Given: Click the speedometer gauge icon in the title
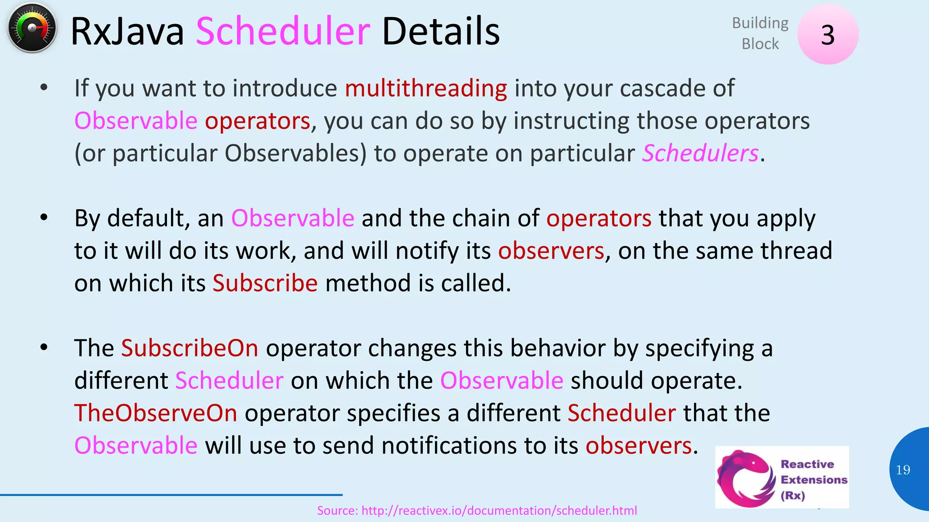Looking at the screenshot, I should tap(32, 28).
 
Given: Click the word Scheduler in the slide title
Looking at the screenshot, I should tap(283, 32).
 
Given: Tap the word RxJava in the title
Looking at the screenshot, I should tap(127, 32).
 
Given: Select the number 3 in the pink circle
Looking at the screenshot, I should tap(827, 35).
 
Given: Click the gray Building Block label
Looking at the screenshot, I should tap(760, 33).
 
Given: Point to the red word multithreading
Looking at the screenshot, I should tap(425, 88).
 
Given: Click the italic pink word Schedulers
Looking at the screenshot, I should tap(700, 153).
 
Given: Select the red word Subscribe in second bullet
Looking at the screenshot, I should tap(265, 283).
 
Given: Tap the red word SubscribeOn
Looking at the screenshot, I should tap(190, 348).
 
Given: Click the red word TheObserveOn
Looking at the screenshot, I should tap(156, 413).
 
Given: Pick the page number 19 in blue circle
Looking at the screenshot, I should tap(903, 470).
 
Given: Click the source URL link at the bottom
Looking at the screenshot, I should tap(477, 511).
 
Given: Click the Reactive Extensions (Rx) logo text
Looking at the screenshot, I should tap(813, 479).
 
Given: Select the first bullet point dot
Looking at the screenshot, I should tap(44, 87).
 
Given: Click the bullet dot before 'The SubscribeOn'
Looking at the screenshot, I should tap(44, 348).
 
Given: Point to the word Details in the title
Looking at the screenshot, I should tap(440, 32).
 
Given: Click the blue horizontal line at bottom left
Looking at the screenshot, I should tap(171, 495).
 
